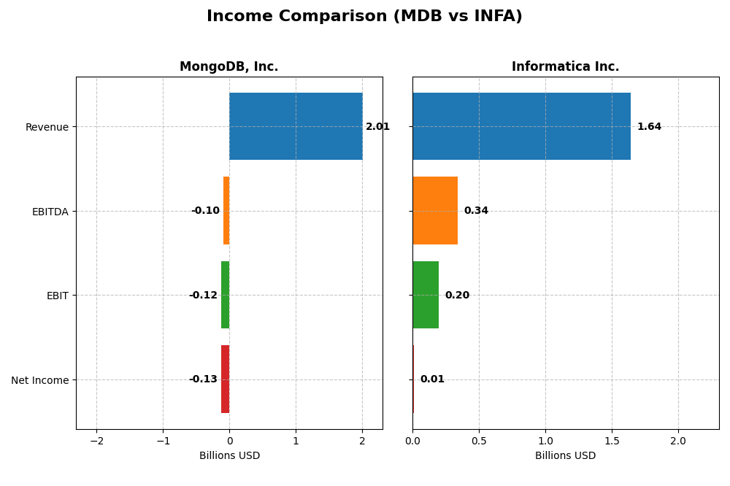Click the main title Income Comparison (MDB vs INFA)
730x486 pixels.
point(364,17)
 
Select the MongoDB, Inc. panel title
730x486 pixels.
point(228,67)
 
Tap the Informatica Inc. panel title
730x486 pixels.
point(565,67)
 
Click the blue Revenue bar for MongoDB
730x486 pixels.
point(296,126)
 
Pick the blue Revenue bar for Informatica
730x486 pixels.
point(521,126)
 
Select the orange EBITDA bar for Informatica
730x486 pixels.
point(435,211)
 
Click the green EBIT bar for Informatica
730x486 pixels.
point(426,295)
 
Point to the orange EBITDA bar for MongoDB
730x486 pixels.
point(226,211)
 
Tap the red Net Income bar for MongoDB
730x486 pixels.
point(225,379)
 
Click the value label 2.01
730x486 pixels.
point(377,127)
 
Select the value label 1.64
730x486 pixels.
point(649,127)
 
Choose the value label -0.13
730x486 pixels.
point(203,379)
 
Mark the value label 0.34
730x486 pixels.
point(476,211)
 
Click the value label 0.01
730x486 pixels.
point(432,379)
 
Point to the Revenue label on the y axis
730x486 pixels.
point(47,127)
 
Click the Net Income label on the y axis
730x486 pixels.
point(39,380)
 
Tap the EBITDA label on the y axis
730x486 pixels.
point(50,212)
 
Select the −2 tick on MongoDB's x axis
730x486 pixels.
point(96,441)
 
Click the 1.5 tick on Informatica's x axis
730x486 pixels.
point(612,441)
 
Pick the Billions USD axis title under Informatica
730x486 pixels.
point(565,456)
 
